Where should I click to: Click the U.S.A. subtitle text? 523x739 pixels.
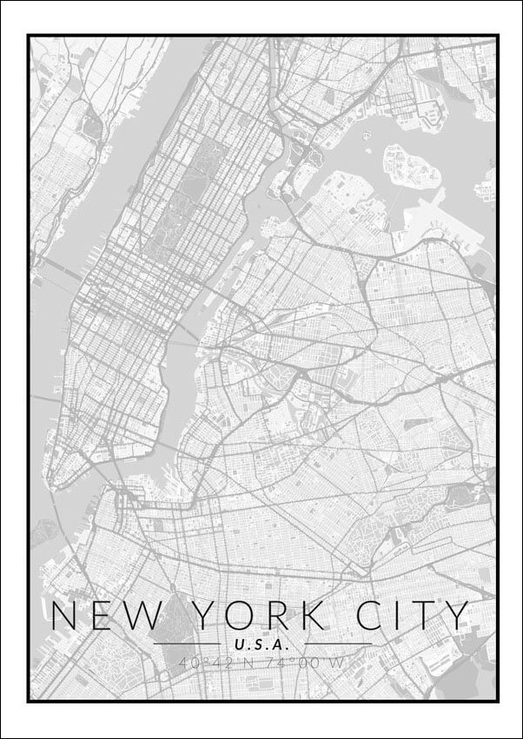click(x=261, y=645)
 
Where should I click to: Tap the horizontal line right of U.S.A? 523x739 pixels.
click(x=338, y=643)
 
